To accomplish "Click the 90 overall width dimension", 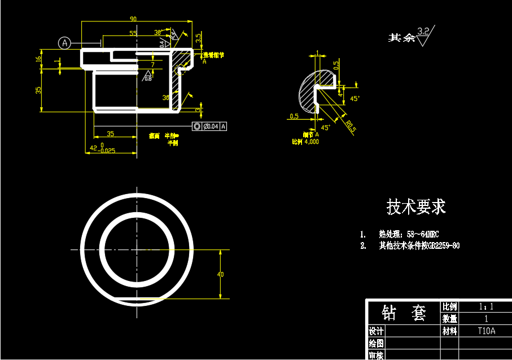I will pyautogui.click(x=133, y=19).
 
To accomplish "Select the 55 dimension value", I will pyautogui.click(x=133, y=33).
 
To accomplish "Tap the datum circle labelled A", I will pyautogui.click(x=65, y=43).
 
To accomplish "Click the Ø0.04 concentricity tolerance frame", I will pyautogui.click(x=209, y=126).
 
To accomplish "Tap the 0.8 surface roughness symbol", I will pyautogui.click(x=148, y=77).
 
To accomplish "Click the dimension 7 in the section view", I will pyautogui.click(x=152, y=65).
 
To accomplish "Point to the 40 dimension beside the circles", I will pyautogui.click(x=220, y=274).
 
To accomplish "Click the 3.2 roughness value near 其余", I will pyautogui.click(x=423, y=30).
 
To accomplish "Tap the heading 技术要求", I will pyautogui.click(x=416, y=207).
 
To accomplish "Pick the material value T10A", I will pyautogui.click(x=486, y=331).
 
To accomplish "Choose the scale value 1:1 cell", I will pyautogui.click(x=486, y=307).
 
